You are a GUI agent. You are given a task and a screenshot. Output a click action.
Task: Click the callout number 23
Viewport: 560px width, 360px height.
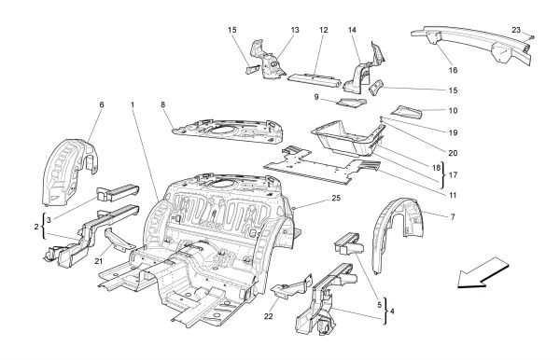[x=516, y=30]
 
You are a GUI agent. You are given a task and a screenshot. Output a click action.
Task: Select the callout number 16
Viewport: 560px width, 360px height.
[x=453, y=70]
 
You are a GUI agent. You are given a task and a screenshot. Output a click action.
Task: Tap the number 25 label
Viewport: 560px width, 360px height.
[x=336, y=199]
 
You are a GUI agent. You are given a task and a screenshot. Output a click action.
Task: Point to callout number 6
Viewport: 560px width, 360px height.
[x=102, y=104]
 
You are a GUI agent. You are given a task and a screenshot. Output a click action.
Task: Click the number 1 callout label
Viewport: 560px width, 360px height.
[x=133, y=104]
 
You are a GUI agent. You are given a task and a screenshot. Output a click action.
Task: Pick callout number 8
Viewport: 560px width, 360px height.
[x=162, y=104]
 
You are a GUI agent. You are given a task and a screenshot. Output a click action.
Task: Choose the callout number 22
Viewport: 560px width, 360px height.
[x=268, y=316]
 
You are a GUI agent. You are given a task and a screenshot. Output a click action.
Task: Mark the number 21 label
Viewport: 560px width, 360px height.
[x=99, y=261]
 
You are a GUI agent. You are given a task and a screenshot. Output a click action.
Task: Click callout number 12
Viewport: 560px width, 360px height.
[x=324, y=30]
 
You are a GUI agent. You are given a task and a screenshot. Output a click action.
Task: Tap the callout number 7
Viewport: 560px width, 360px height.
[x=453, y=217]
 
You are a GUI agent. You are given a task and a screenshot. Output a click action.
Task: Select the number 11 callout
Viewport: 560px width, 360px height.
[x=453, y=196]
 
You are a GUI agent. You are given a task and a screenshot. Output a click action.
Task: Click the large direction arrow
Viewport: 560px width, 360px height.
[x=483, y=273]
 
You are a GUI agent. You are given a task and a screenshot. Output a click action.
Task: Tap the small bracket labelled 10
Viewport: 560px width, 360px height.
[x=407, y=112]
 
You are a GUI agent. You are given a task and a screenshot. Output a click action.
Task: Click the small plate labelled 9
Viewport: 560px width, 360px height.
[x=352, y=103]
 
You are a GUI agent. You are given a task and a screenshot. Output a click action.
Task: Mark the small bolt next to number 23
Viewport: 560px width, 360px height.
[x=532, y=36]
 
